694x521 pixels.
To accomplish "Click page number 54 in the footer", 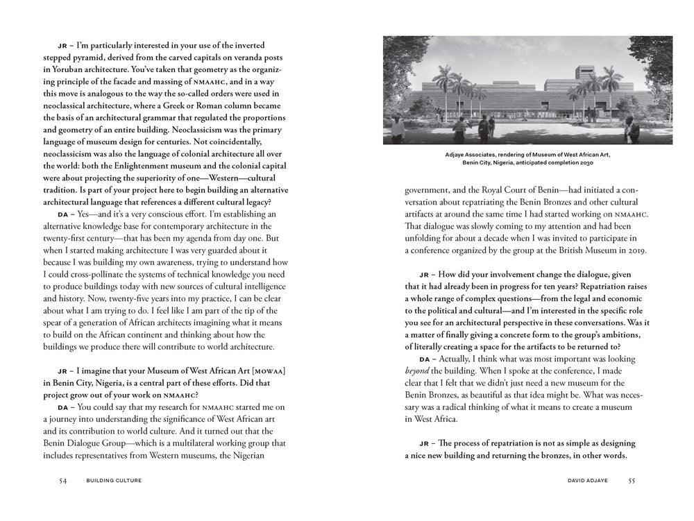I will (x=62, y=480).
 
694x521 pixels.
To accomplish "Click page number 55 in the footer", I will (x=632, y=480).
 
